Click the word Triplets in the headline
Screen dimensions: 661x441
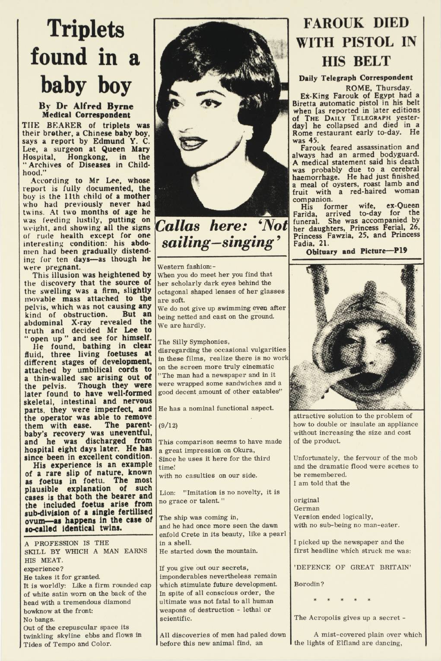[x=86, y=29]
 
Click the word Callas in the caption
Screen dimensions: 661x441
[x=179, y=226]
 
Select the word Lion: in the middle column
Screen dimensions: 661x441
[x=167, y=492]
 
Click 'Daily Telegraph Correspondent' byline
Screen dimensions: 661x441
[x=355, y=78]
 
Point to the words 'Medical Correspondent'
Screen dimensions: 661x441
[x=86, y=115]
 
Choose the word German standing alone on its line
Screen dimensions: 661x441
[x=305, y=508]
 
